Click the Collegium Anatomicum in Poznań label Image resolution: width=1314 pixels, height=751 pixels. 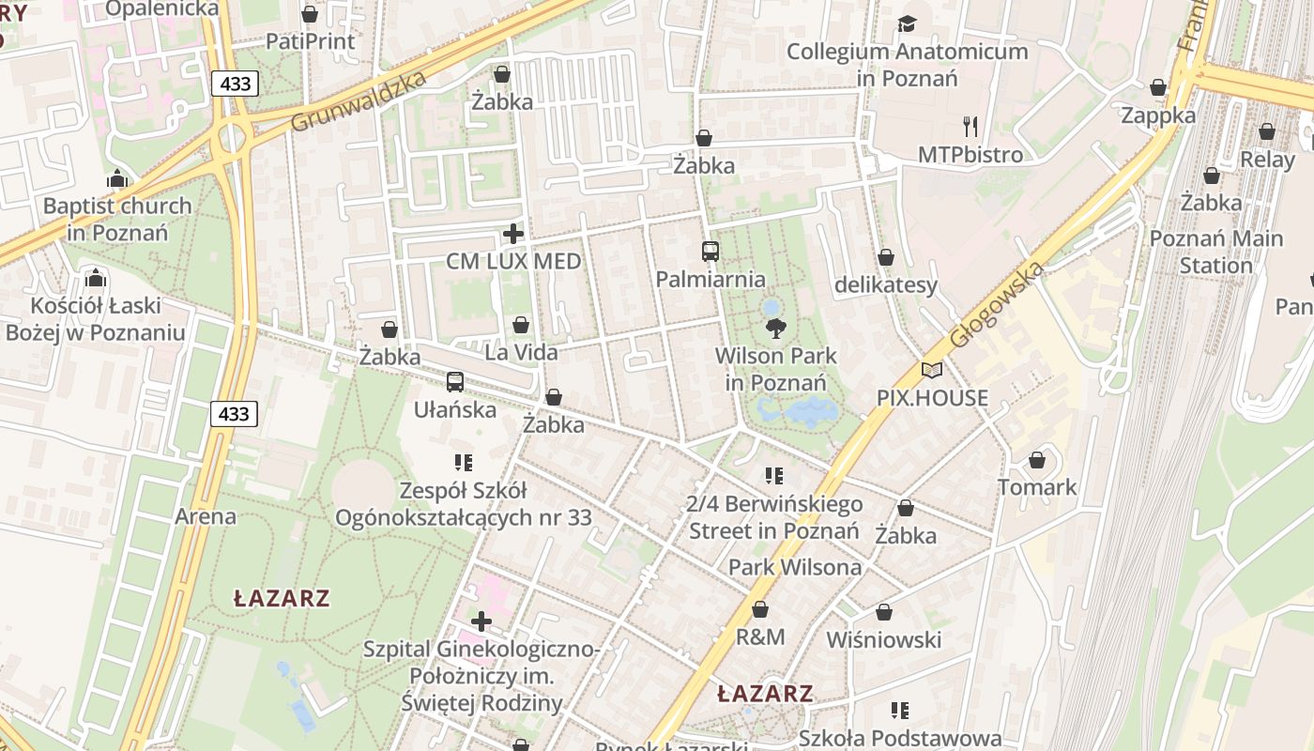(x=907, y=64)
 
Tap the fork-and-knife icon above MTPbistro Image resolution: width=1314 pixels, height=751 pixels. (x=970, y=126)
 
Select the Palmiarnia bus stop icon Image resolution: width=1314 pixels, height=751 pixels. (x=710, y=252)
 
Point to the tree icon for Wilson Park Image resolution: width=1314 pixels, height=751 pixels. (x=775, y=328)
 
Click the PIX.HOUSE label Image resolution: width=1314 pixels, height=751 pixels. (x=932, y=398)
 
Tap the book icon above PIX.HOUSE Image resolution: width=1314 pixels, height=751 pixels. (x=931, y=371)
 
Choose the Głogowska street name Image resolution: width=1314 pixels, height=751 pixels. (x=997, y=306)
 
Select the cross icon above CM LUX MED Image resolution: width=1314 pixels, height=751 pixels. (x=513, y=234)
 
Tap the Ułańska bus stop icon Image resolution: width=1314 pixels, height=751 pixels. (x=455, y=382)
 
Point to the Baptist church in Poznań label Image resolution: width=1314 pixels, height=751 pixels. (x=117, y=218)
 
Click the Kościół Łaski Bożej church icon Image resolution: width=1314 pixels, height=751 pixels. (x=95, y=278)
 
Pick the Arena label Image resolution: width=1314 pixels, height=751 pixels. (x=206, y=516)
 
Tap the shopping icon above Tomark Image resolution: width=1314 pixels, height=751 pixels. (x=1037, y=460)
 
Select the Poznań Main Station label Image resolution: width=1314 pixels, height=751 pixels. (x=1215, y=252)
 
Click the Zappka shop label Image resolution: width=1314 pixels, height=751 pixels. (x=1158, y=115)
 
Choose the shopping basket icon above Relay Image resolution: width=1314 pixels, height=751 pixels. (x=1267, y=131)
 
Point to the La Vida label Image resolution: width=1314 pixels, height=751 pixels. (x=521, y=353)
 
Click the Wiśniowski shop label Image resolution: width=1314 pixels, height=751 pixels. (x=883, y=640)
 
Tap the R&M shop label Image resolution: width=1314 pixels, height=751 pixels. (x=760, y=637)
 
